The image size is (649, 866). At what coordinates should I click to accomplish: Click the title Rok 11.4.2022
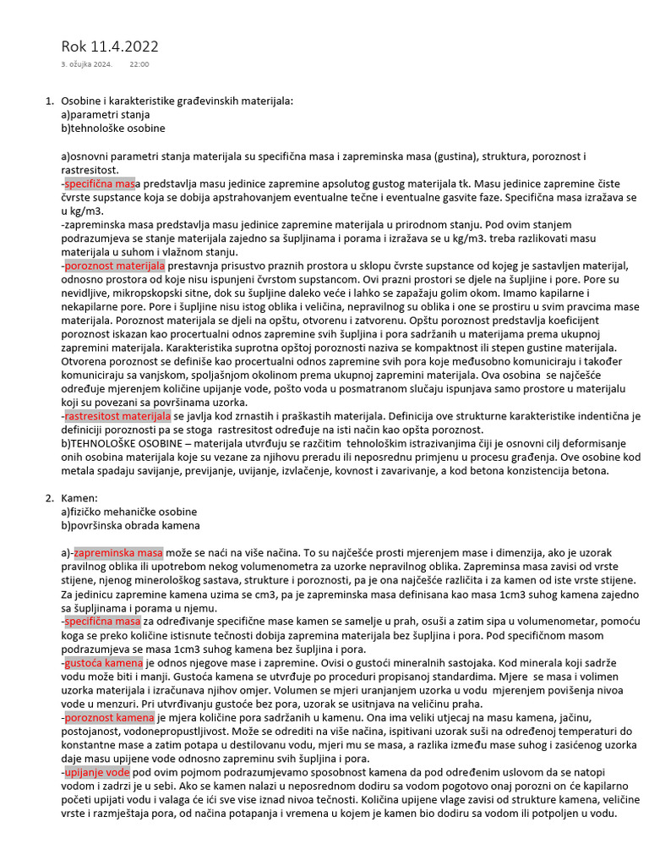[110, 47]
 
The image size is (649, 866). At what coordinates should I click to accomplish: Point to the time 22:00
[139, 64]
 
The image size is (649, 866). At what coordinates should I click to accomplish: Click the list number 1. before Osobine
[49, 101]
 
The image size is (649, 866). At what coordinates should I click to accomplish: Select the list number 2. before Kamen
[49, 498]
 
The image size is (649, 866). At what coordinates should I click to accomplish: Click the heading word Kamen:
[79, 498]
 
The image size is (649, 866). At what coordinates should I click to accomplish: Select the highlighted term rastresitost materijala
[118, 417]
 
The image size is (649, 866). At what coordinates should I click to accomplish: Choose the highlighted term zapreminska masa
[119, 552]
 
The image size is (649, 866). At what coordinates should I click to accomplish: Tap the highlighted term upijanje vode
[97, 773]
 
